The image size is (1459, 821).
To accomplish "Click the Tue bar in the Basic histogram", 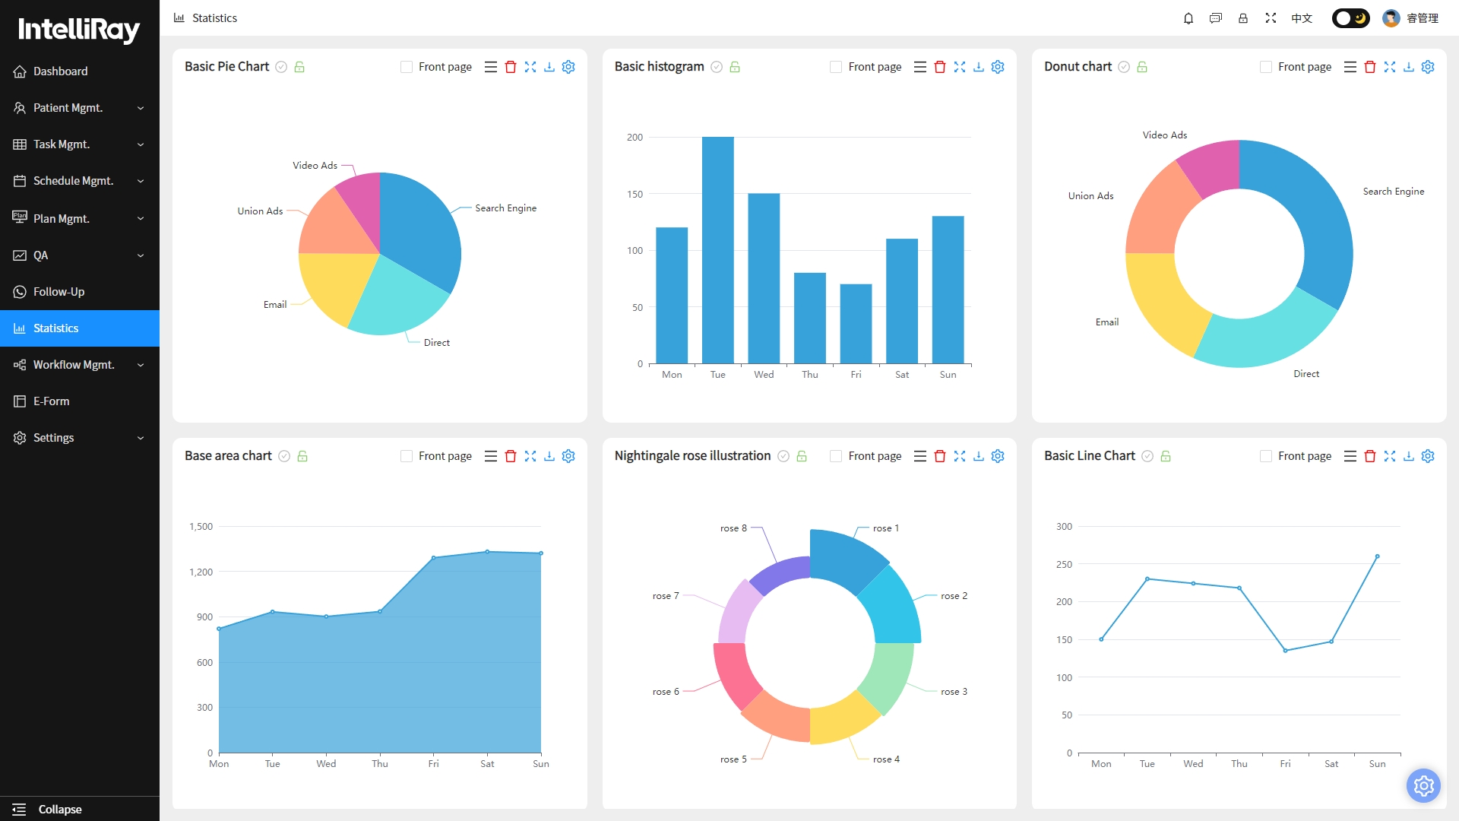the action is (x=717, y=250).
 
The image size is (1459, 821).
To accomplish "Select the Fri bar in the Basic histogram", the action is (x=856, y=324).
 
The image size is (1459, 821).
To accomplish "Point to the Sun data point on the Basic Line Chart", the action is (x=1377, y=556).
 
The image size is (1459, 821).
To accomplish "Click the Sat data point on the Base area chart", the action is (x=487, y=552).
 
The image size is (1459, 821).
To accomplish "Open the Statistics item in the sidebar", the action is (x=80, y=328).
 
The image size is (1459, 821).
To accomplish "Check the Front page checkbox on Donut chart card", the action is (x=1266, y=67).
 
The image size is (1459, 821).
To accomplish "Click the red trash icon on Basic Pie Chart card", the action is (x=511, y=67).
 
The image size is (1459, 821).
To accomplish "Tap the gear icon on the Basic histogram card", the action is (x=998, y=67).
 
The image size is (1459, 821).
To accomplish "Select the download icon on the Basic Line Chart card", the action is (x=1409, y=456).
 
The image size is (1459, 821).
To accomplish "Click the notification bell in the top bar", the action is (x=1188, y=18).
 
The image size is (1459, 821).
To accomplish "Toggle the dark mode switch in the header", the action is (x=1350, y=18).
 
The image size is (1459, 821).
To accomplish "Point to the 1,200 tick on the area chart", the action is (x=201, y=572).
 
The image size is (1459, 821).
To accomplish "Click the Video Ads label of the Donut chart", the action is (x=1165, y=135).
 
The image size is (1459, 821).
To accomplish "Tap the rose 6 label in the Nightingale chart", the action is (x=666, y=692).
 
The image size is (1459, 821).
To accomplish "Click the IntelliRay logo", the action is (x=79, y=30).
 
